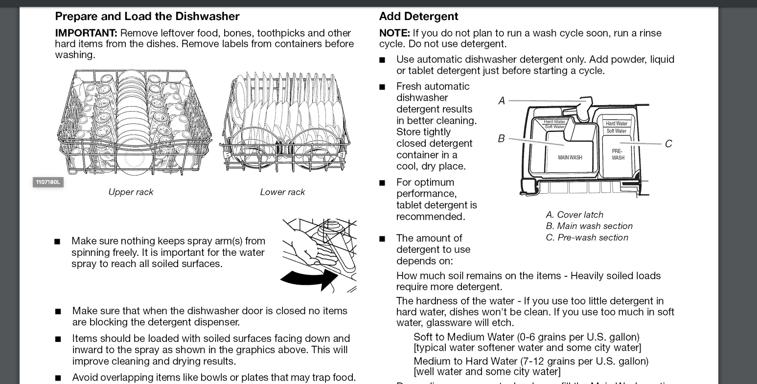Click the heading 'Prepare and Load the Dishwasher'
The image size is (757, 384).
click(x=147, y=16)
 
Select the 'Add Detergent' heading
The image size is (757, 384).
click(x=418, y=16)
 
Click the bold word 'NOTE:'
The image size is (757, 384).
click(x=394, y=33)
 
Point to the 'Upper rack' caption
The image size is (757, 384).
click(x=131, y=192)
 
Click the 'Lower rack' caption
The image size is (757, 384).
click(x=282, y=192)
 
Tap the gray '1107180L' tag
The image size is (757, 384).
click(x=48, y=182)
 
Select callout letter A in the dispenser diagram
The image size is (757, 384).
click(x=502, y=101)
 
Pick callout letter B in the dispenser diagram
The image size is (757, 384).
click(x=501, y=138)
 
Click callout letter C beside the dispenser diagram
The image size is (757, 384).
click(x=668, y=143)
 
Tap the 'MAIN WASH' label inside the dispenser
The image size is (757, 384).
click(x=570, y=158)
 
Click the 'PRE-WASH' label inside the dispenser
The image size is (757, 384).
click(x=618, y=155)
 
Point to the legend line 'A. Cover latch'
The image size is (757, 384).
click(x=574, y=215)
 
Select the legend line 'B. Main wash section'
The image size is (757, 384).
click(x=589, y=226)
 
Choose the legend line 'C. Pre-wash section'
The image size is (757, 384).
click(x=587, y=238)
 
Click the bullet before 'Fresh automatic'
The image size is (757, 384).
click(x=382, y=87)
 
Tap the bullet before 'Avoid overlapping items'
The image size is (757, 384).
click(x=58, y=378)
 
